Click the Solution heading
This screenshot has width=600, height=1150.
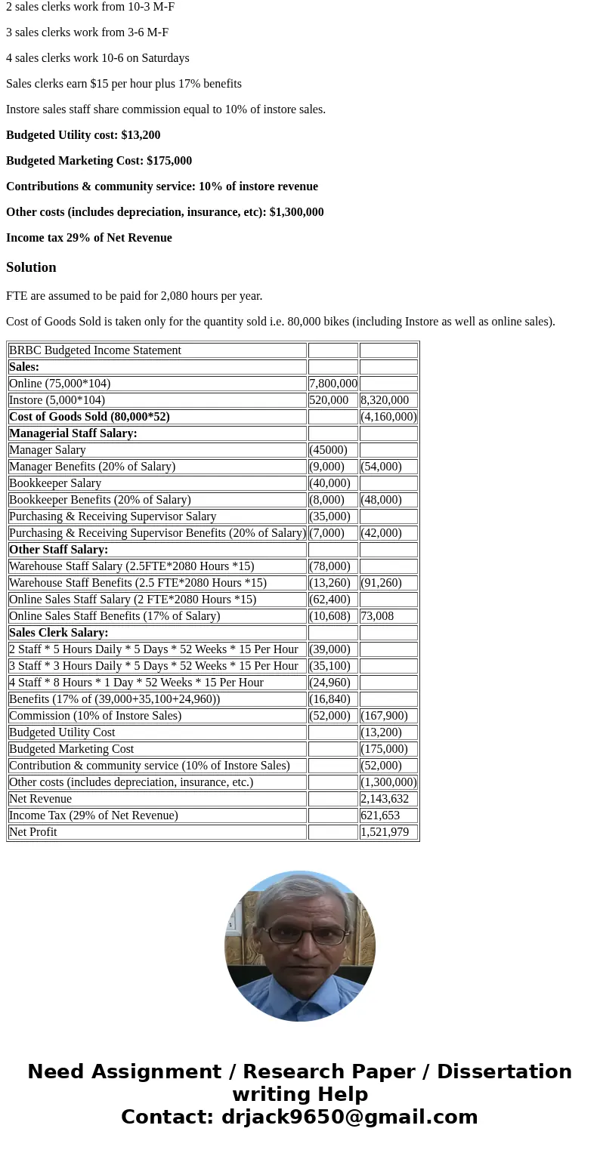click(x=31, y=267)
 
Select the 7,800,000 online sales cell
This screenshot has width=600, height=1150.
click(x=332, y=384)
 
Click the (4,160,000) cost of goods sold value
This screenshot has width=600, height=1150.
click(x=388, y=417)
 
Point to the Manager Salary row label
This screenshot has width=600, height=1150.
click(x=48, y=450)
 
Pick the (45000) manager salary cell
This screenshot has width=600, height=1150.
click(x=328, y=450)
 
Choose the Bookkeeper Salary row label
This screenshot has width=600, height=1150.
click(x=55, y=483)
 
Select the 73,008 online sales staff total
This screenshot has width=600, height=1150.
click(x=377, y=616)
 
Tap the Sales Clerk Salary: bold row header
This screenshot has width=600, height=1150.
click(x=59, y=633)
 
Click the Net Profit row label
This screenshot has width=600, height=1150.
click(x=33, y=832)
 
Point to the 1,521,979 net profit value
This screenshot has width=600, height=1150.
click(x=385, y=832)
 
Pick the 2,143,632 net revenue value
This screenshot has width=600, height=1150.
click(x=385, y=799)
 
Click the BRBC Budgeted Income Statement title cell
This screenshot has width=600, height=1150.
click(x=95, y=350)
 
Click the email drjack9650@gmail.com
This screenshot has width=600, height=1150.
click(x=349, y=1117)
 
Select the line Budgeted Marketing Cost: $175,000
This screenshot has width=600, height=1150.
click(x=99, y=161)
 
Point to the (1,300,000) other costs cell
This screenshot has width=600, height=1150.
click(x=388, y=782)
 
